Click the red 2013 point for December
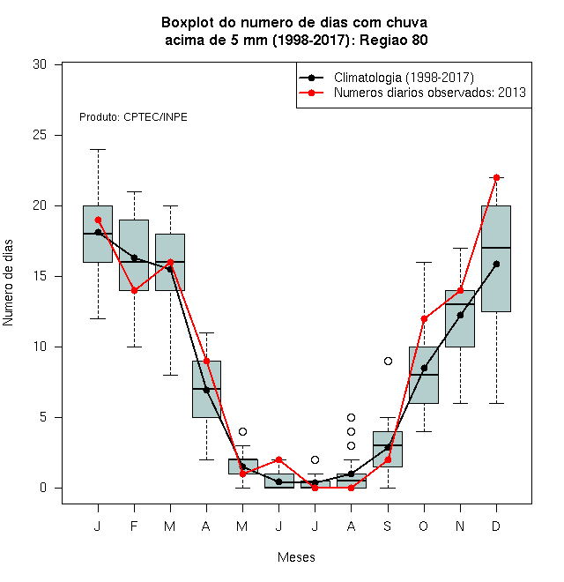tap(496, 178)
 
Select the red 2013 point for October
tap(424, 319)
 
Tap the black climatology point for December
tap(496, 265)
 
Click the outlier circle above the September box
tap(388, 362)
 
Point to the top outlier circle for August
tap(351, 418)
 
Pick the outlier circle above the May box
tap(242, 432)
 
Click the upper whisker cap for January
tap(98, 150)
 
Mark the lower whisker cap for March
tap(170, 376)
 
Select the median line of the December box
tap(496, 248)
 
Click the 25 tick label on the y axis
tap(40, 135)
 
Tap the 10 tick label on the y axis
tap(40, 347)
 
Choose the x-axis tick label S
tap(388, 526)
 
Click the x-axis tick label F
tap(134, 526)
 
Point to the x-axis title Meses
tap(296, 557)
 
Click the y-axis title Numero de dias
tap(8, 283)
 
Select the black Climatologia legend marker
tap(311, 78)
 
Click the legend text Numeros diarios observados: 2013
tap(430, 93)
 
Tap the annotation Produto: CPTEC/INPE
tap(133, 117)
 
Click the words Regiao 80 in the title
tap(394, 40)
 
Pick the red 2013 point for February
tap(134, 291)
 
